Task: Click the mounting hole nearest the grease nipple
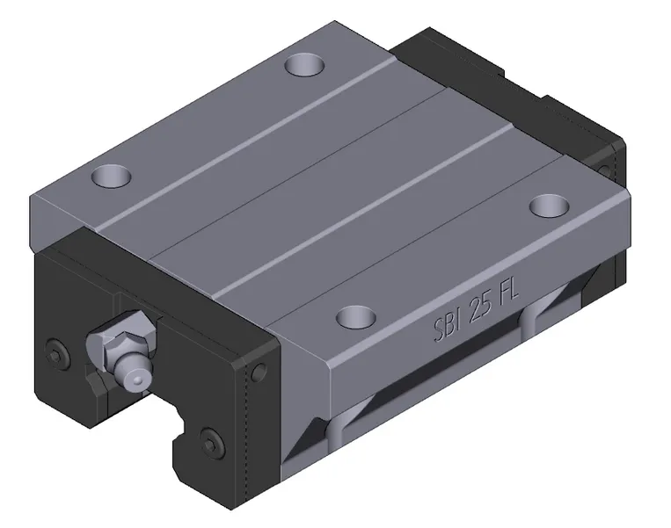[x=111, y=176]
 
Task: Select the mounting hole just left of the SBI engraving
[x=355, y=314]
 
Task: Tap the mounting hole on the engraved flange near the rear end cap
[x=551, y=205]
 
